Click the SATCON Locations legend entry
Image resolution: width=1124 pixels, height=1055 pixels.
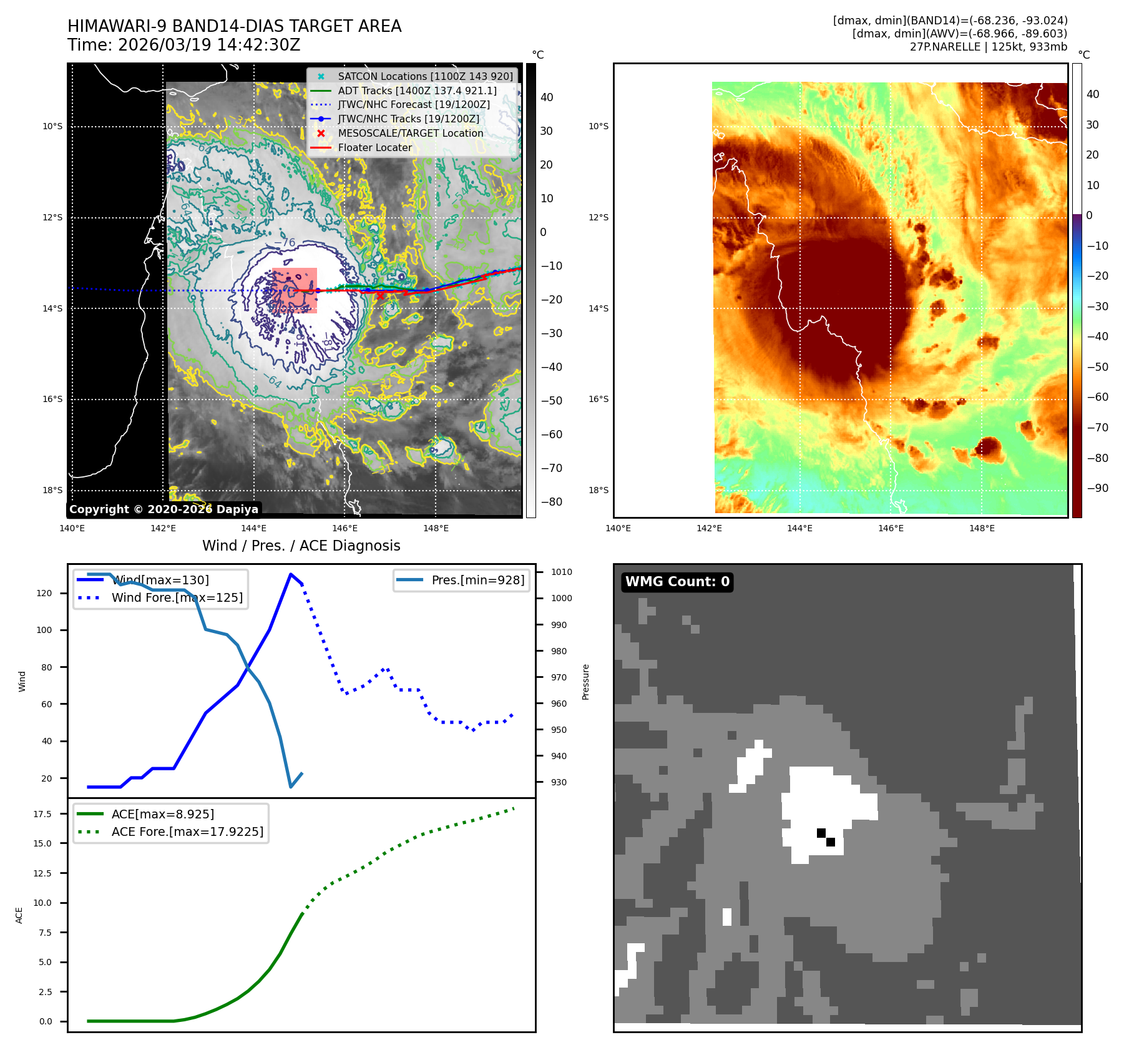pos(424,76)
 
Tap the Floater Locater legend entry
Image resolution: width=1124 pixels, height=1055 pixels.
pos(374,147)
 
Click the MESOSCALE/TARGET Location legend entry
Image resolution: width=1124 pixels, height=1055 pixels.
pos(410,133)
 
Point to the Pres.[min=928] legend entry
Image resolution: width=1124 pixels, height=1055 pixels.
pos(477,580)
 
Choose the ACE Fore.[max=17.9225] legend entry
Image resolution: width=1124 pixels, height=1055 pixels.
pos(187,832)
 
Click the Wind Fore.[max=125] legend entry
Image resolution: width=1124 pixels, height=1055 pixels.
pos(177,597)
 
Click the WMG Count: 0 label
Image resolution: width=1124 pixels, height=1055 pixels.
pos(677,582)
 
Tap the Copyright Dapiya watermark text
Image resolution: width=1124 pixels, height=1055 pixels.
pos(164,509)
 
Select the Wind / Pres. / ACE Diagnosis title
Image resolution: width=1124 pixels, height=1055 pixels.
pos(301,546)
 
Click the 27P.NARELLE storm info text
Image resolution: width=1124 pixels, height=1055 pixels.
pos(988,47)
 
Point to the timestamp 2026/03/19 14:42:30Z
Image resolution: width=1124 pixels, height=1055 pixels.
pos(209,46)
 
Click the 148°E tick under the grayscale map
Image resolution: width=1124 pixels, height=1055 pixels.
pos(436,528)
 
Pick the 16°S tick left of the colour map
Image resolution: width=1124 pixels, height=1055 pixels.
pos(598,399)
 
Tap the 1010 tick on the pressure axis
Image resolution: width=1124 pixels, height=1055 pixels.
pos(561,572)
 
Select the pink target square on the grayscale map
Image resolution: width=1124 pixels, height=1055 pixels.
pos(295,290)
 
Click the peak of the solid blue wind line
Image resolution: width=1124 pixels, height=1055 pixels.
pos(291,574)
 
